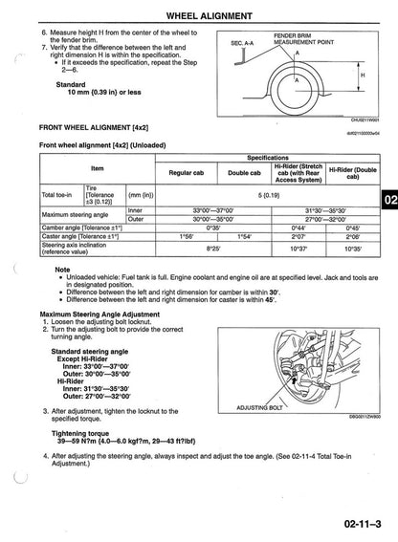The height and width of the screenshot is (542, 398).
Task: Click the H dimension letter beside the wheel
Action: point(362,75)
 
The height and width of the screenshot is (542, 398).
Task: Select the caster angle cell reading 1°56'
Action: point(187,235)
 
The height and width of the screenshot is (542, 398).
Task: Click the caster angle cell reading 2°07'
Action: point(298,235)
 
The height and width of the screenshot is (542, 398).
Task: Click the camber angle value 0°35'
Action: point(215,227)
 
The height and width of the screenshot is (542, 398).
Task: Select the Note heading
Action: point(63,269)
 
